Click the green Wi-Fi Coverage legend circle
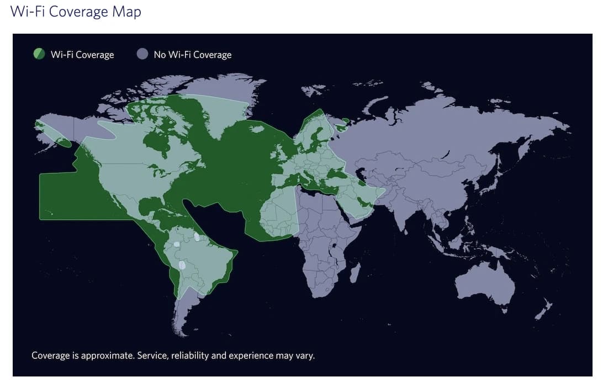tap(39, 54)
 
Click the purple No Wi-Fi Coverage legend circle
tap(142, 54)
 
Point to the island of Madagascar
tap(355, 273)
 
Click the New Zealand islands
tap(544, 309)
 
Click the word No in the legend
tap(160, 55)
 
